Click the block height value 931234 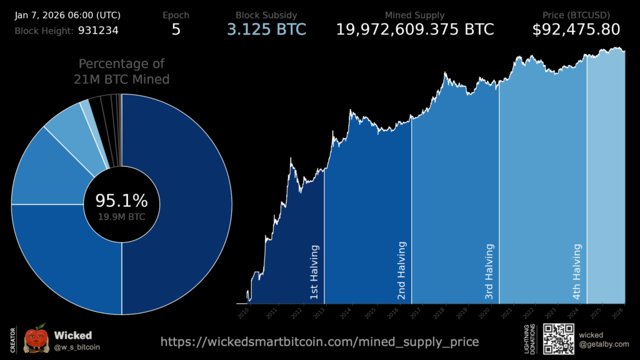click(x=98, y=29)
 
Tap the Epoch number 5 click(x=176, y=29)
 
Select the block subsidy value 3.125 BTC click(x=266, y=29)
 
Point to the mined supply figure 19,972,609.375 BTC click(x=415, y=29)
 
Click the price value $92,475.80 click(x=576, y=29)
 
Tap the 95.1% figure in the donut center click(x=121, y=201)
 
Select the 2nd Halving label click(x=402, y=271)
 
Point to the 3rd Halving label click(x=489, y=271)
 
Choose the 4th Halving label click(x=577, y=271)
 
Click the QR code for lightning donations click(x=558, y=339)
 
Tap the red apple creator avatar click(x=36, y=340)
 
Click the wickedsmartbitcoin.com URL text click(x=320, y=342)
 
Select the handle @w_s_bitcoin click(x=77, y=347)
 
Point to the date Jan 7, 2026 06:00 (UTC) click(x=68, y=15)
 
